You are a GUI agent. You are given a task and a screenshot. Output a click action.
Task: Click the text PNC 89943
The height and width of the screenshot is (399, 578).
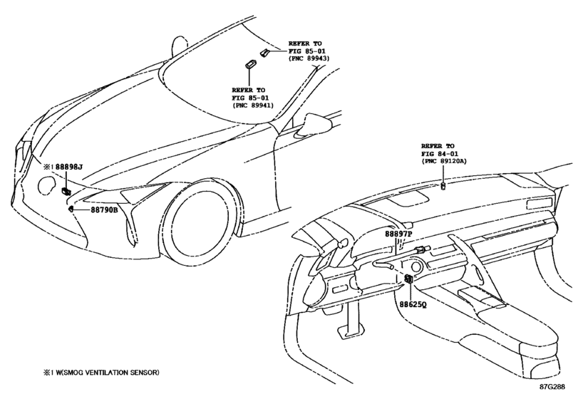[x=309, y=58]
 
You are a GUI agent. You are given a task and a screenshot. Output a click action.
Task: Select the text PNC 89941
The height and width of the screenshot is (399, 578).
[x=253, y=105]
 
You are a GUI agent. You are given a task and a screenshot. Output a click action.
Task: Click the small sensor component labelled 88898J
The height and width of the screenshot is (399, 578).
[x=66, y=190]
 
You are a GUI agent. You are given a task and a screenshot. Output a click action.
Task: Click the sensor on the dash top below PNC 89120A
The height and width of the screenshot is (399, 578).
[x=443, y=186]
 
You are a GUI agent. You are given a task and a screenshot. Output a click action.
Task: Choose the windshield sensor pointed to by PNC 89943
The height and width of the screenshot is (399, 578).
[x=264, y=52]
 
